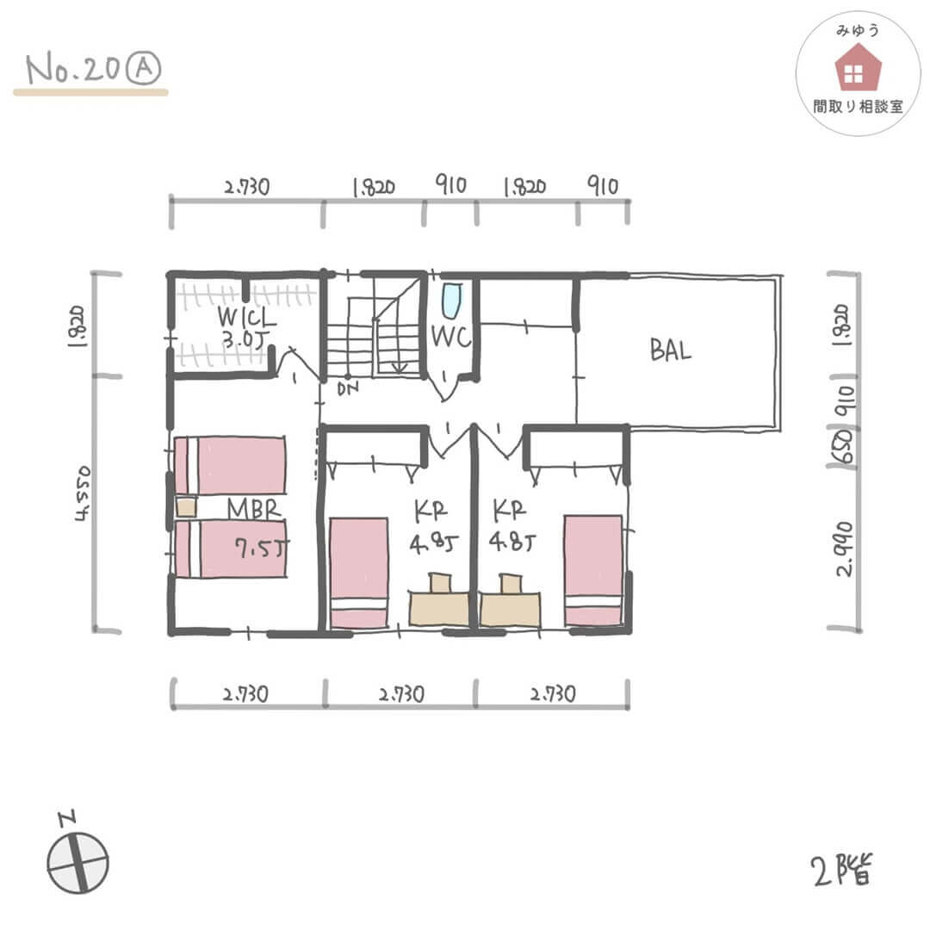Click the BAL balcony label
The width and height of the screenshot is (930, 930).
[671, 350]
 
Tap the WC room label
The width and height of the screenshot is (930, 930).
[451, 337]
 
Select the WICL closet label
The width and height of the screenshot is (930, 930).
[247, 317]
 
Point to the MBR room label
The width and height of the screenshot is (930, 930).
[254, 509]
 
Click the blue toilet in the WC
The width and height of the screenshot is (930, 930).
[452, 301]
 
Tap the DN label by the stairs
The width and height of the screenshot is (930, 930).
[348, 389]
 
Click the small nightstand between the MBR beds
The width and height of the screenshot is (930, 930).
[186, 507]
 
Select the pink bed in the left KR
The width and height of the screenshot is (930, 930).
[359, 573]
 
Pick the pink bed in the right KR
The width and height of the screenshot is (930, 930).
[593, 570]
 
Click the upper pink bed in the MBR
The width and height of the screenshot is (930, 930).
[230, 466]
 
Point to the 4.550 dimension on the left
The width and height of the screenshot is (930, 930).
[83, 493]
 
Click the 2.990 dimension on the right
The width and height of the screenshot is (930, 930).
[845, 549]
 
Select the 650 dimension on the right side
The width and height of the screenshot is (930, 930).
[843, 447]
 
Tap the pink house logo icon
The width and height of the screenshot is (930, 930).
[858, 68]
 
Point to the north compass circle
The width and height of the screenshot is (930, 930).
[77, 862]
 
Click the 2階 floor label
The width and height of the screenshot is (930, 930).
[841, 870]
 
